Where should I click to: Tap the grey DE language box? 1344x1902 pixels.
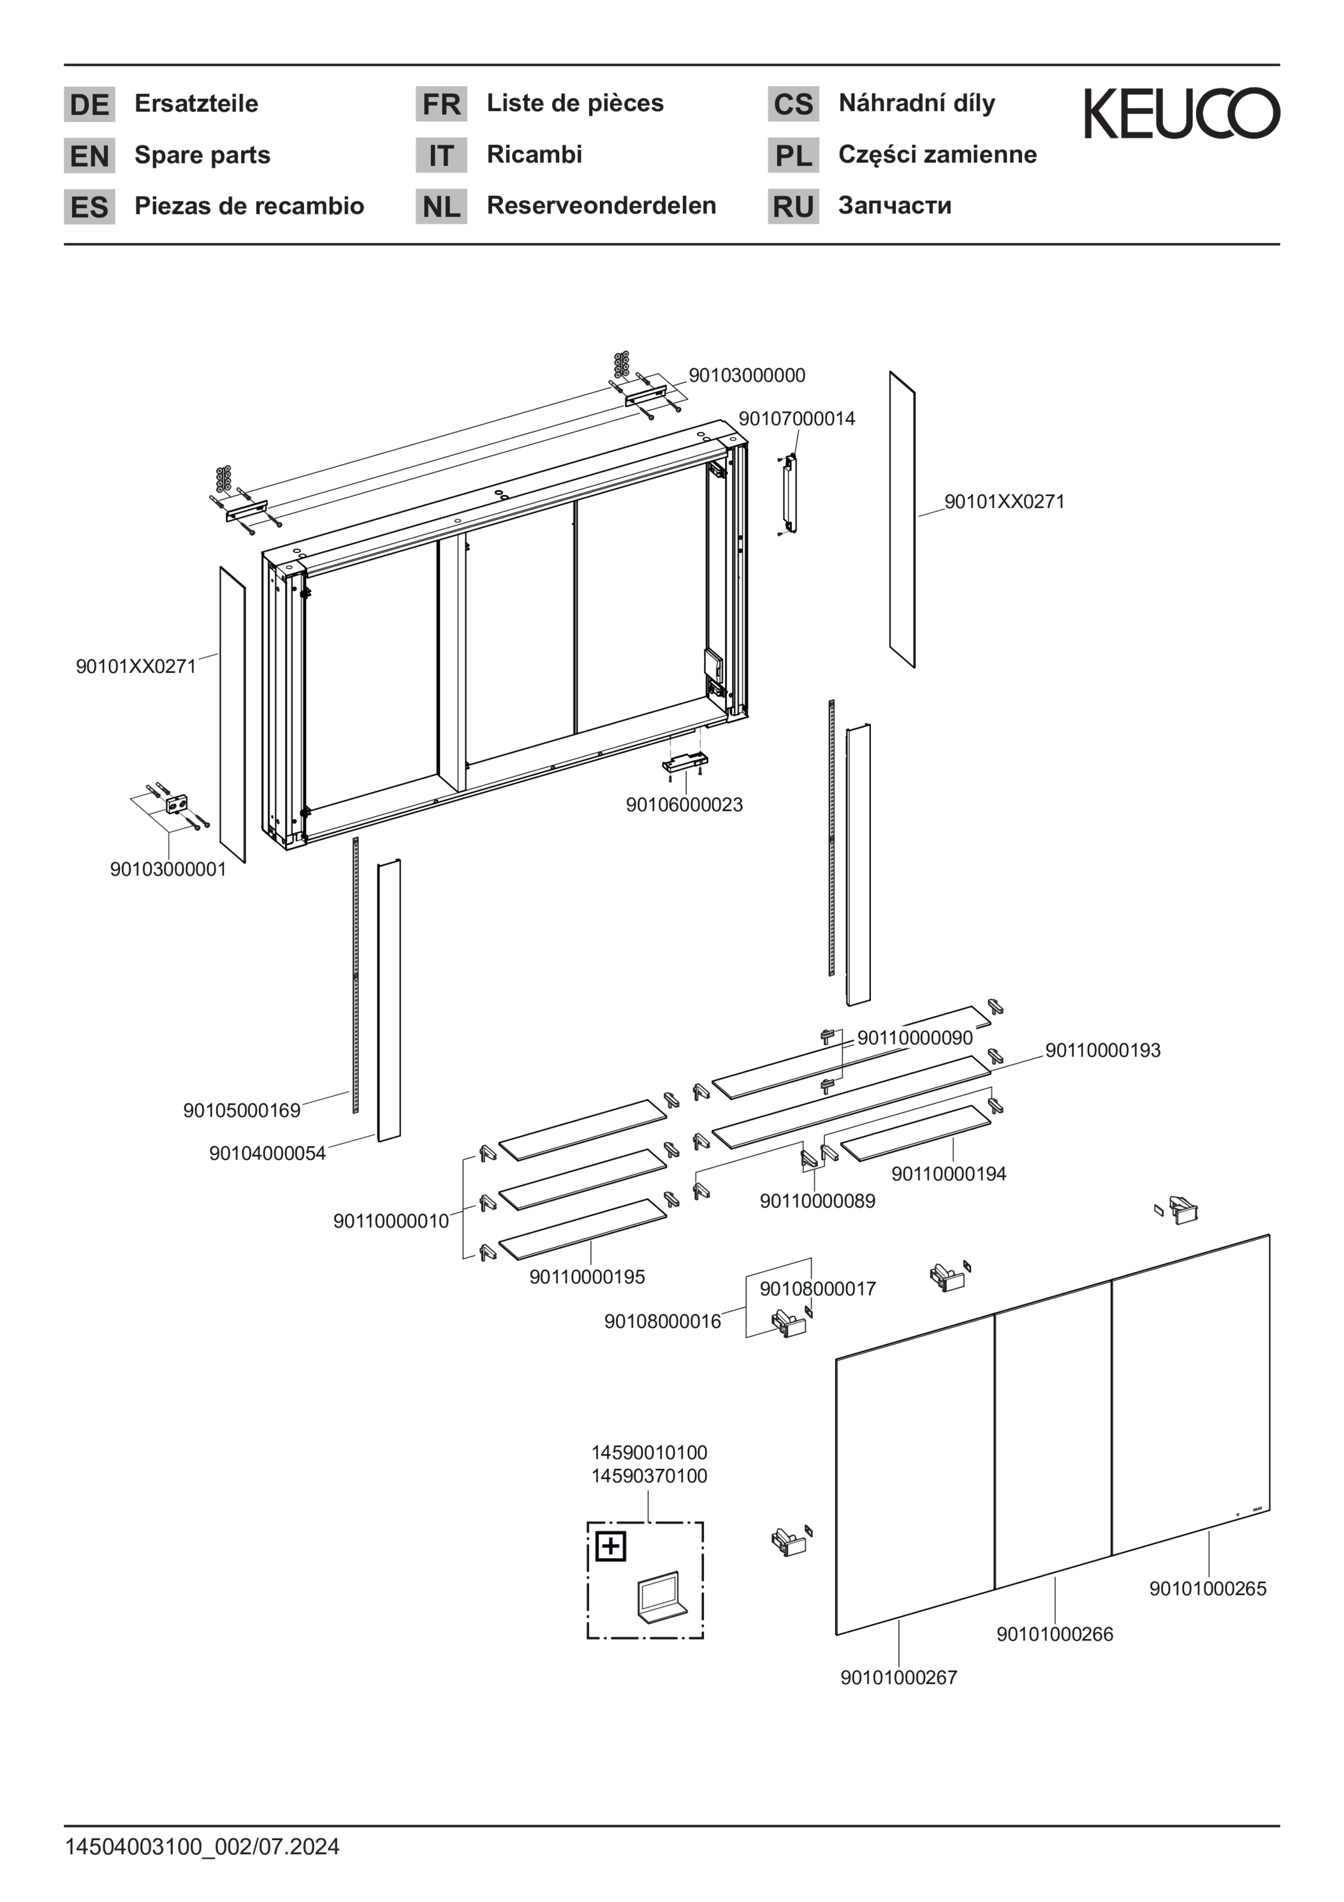(89, 105)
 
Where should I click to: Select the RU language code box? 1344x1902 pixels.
(793, 206)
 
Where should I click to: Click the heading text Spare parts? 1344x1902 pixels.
(202, 155)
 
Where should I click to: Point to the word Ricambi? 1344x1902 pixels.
(534, 154)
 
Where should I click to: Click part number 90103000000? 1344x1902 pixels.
(747, 375)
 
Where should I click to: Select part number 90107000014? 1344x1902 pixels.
(796, 418)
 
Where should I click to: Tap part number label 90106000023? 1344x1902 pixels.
(684, 804)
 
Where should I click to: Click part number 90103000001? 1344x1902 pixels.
(168, 869)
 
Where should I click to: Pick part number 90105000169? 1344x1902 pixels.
(242, 1110)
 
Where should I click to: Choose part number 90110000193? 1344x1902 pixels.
(1103, 1051)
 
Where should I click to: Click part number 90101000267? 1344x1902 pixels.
(898, 1677)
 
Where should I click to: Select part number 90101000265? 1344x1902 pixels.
(1208, 1588)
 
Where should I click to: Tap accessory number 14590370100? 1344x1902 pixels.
(649, 1475)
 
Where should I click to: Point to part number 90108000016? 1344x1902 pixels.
(662, 1322)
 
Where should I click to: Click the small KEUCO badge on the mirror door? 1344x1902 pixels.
(1255, 1510)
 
